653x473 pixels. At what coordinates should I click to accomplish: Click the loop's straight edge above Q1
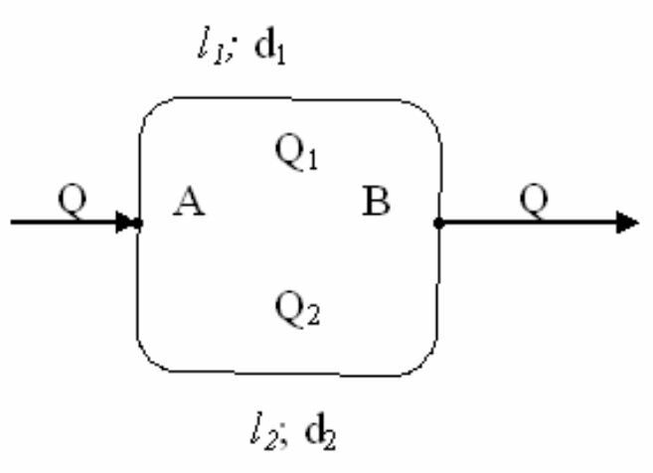tap(288, 100)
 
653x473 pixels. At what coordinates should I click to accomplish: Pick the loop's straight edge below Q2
tap(288, 376)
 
